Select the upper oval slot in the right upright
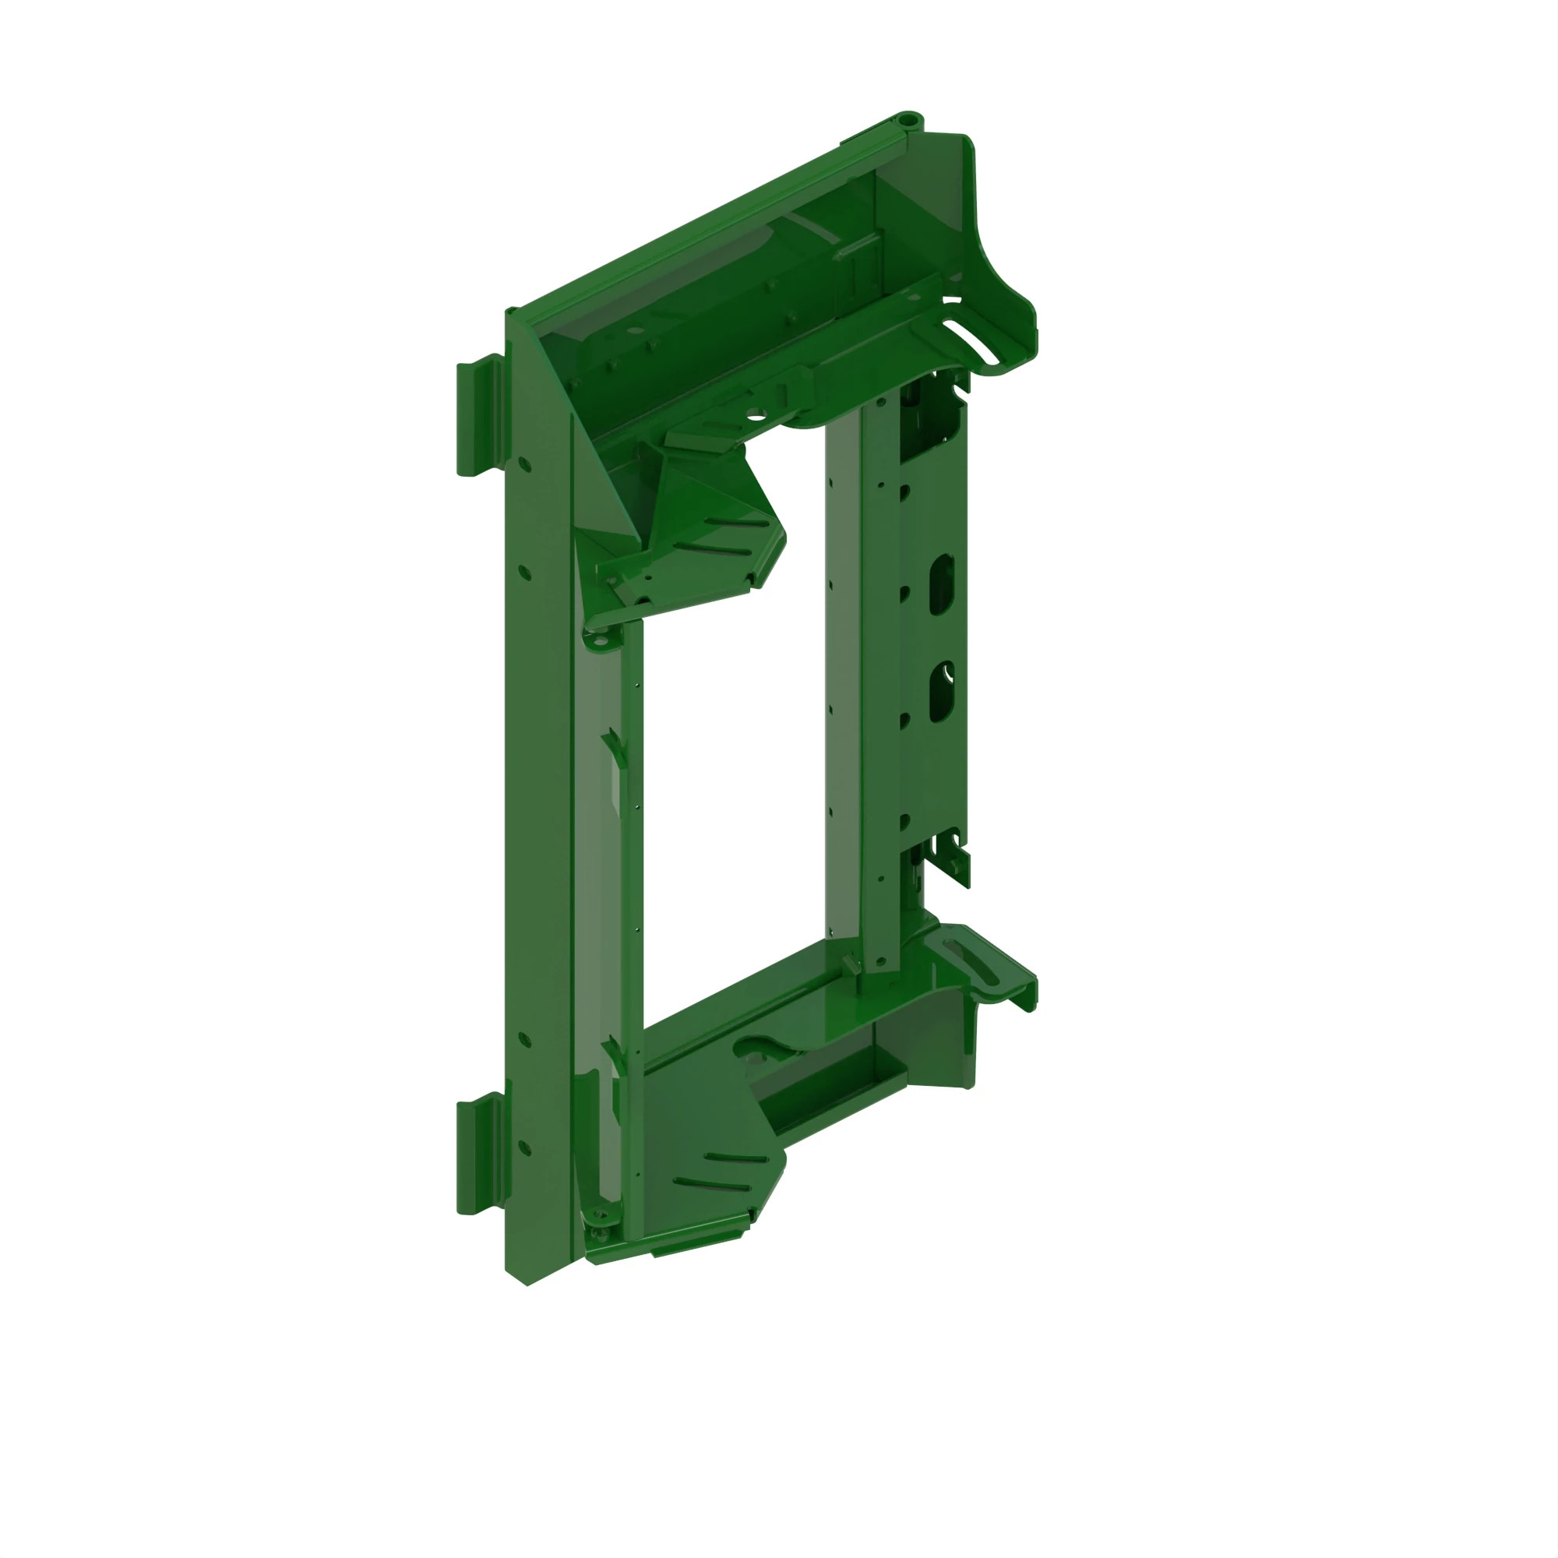(942, 583)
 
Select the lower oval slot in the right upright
(941, 693)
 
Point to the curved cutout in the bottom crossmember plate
(758, 1049)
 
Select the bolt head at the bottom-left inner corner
(597, 1234)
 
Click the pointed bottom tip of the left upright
(527, 1283)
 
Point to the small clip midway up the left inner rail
(616, 746)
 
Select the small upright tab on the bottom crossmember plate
(851, 964)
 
